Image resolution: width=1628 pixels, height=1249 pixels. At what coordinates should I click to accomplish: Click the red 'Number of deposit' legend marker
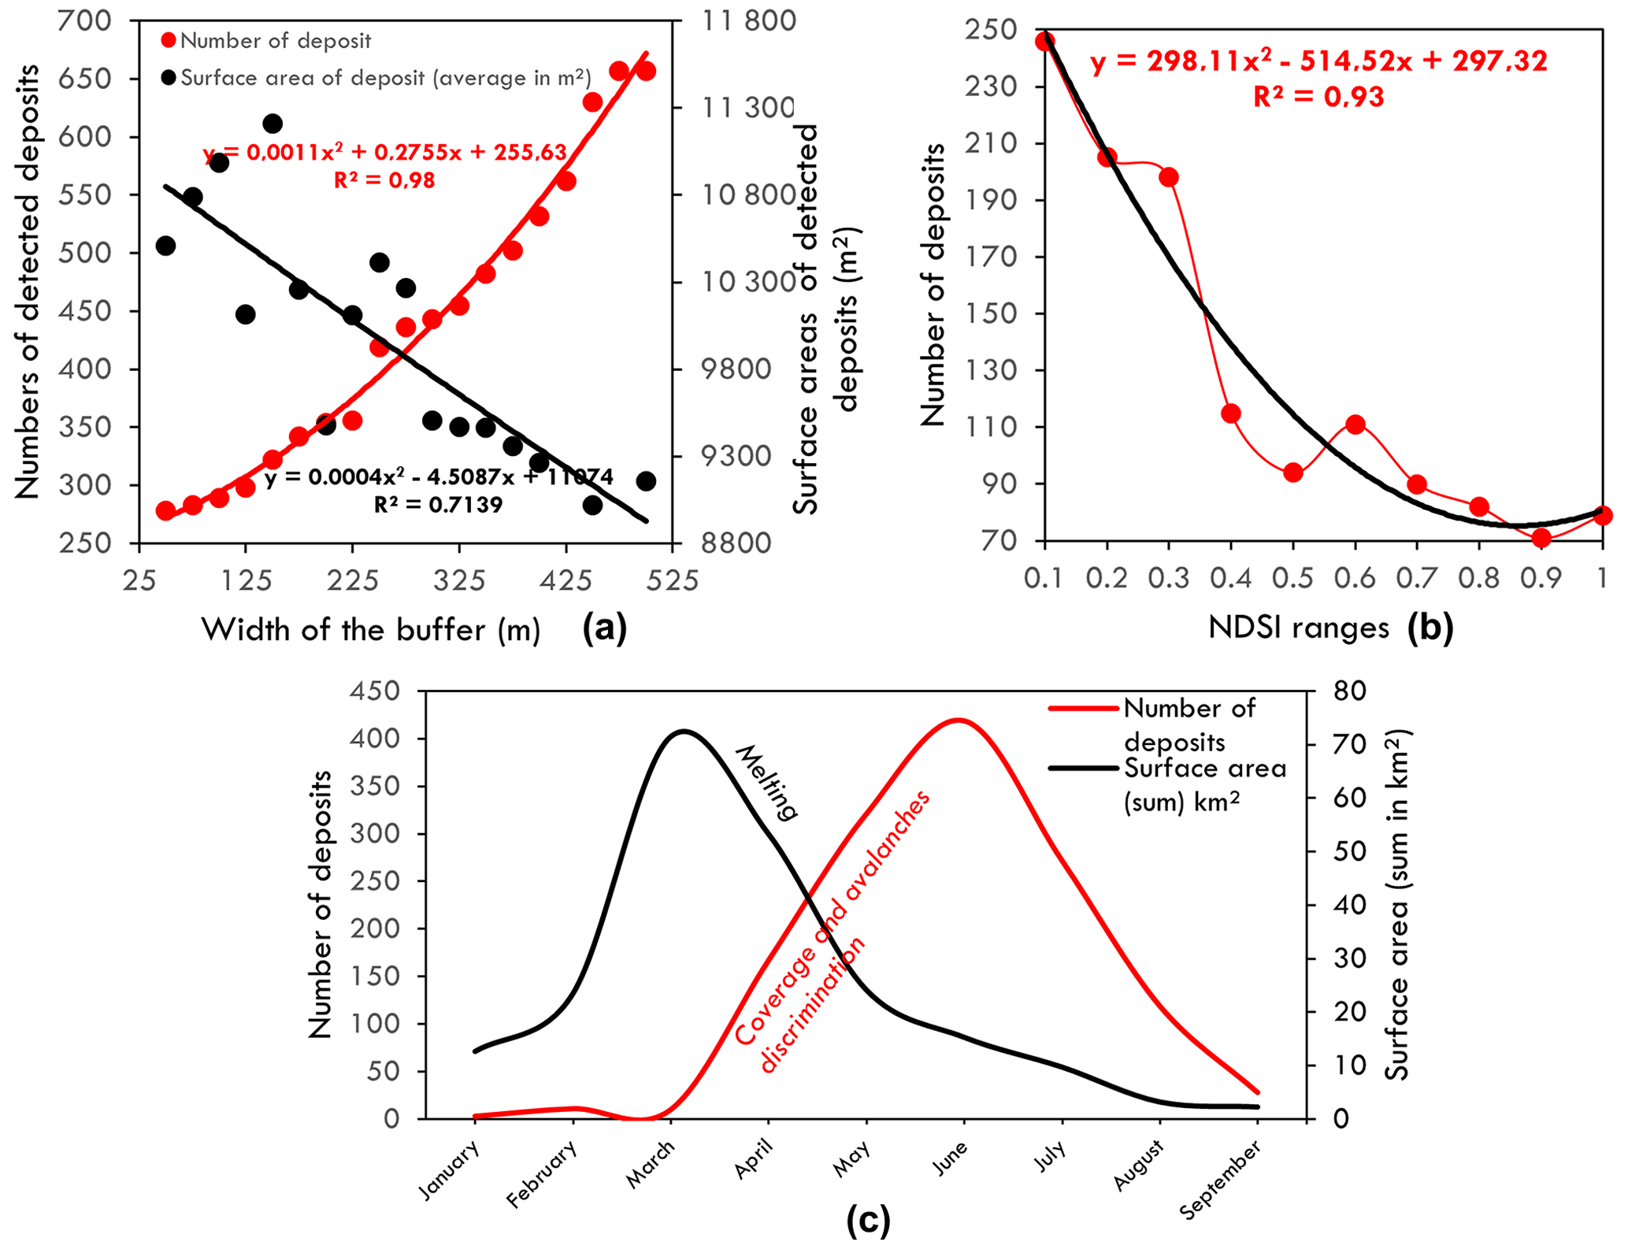click(168, 40)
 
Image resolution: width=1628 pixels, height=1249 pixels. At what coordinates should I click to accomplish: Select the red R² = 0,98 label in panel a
click(384, 180)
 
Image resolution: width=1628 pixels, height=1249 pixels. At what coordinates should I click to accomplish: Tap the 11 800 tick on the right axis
click(748, 20)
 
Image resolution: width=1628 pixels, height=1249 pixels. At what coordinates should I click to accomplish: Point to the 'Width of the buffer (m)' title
click(371, 630)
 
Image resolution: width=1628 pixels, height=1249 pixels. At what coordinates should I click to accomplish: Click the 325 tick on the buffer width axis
click(459, 581)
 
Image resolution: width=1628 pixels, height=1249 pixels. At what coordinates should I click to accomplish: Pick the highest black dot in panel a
click(273, 124)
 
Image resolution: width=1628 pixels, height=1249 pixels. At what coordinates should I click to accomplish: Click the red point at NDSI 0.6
click(1355, 424)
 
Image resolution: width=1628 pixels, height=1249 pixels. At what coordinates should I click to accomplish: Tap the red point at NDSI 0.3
click(1169, 176)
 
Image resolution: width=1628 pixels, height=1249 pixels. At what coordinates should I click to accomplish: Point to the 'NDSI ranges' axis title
click(1299, 628)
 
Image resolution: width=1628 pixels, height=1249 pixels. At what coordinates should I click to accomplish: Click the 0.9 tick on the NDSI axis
click(1541, 579)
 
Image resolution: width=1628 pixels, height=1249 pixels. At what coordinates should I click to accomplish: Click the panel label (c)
click(868, 1221)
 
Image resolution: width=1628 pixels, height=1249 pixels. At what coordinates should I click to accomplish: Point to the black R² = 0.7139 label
click(438, 505)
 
